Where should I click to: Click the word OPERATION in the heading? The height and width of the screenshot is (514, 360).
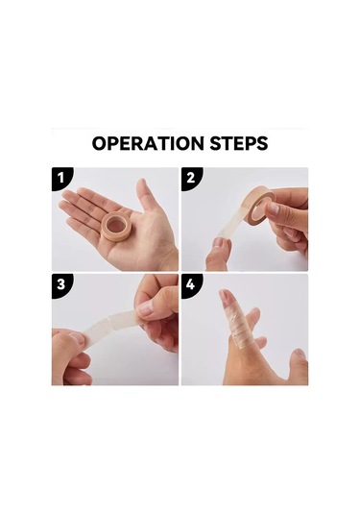click(x=148, y=143)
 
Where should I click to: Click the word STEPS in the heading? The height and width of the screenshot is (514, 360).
click(x=239, y=143)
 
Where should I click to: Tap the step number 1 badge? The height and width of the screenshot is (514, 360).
click(x=60, y=178)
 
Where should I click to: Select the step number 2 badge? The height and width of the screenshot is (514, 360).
click(x=191, y=178)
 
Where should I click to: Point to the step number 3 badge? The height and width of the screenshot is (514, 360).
click(x=61, y=284)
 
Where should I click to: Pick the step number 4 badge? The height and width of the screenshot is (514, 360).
click(x=191, y=284)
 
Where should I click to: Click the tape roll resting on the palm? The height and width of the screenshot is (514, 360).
click(x=115, y=226)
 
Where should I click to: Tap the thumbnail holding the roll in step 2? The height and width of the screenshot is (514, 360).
click(x=273, y=208)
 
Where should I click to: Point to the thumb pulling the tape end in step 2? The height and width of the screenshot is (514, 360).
click(x=219, y=254)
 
